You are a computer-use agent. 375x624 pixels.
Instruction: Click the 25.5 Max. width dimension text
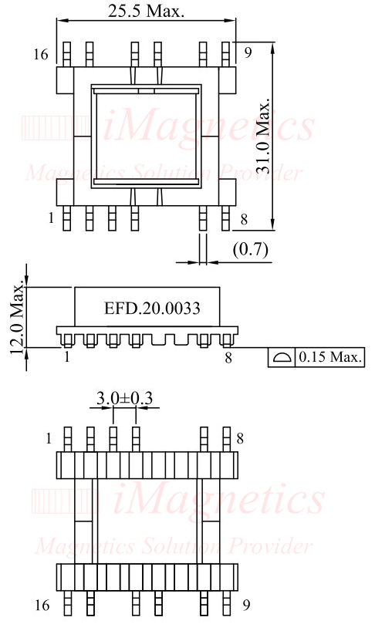147,11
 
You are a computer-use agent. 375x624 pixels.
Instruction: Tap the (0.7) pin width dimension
249,248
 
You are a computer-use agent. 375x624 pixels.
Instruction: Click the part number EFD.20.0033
152,309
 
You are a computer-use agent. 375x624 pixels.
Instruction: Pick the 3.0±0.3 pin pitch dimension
124,398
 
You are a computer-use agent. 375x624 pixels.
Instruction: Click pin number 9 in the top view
248,53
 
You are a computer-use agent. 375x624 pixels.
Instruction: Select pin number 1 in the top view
51,219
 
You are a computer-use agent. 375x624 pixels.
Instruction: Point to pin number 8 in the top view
244,220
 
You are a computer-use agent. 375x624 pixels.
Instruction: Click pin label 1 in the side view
67,357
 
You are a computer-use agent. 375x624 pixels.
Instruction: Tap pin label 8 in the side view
228,357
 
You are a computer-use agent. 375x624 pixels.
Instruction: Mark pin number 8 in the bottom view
241,439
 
